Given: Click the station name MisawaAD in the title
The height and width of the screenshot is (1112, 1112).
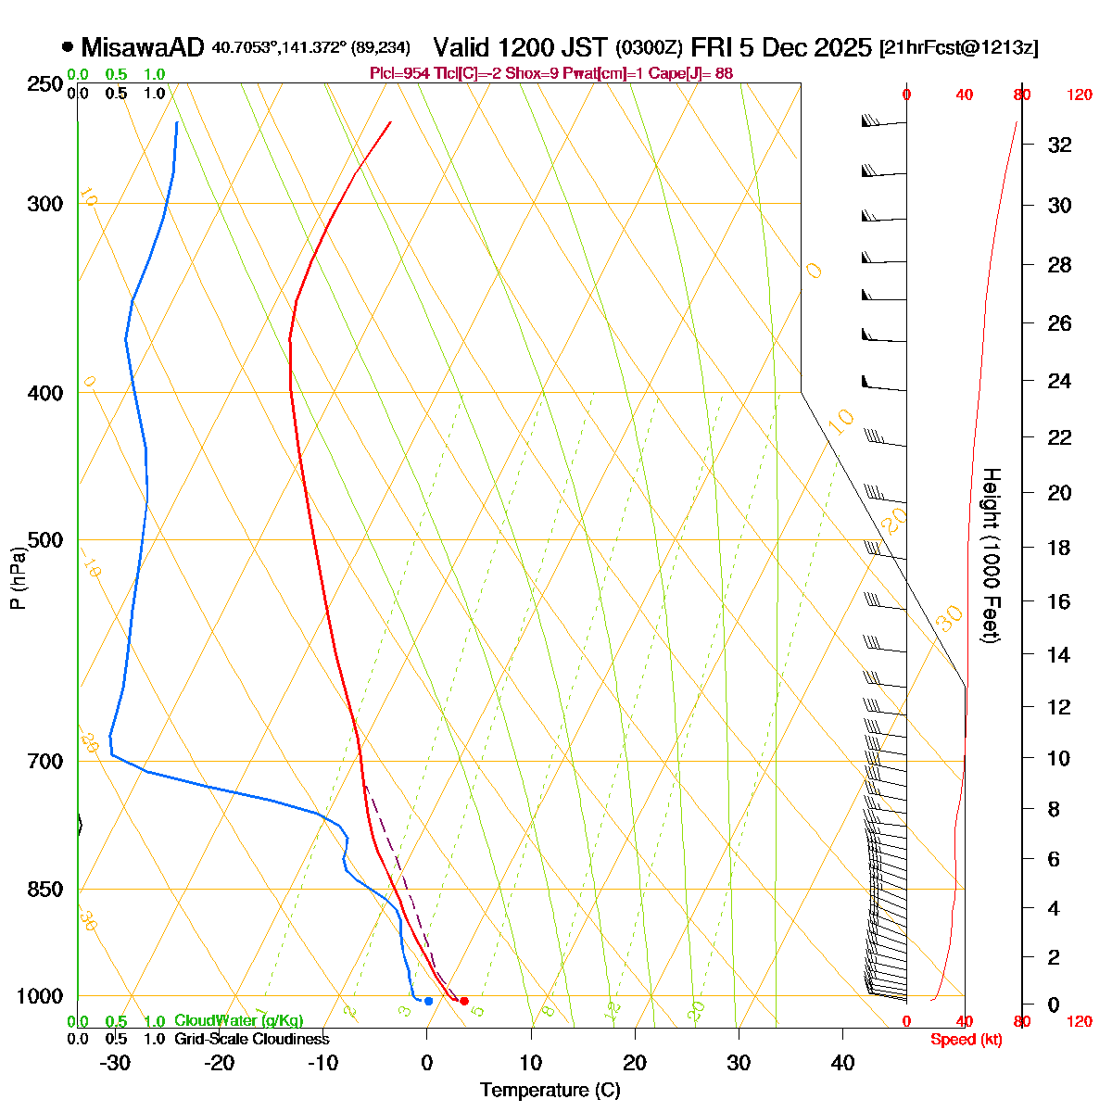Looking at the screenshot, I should [x=142, y=47].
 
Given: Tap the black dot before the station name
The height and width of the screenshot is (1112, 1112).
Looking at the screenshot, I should [x=68, y=46].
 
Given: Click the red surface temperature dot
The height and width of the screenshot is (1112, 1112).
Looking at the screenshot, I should [x=464, y=1001].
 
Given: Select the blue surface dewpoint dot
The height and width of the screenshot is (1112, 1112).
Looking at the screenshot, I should [x=428, y=1001].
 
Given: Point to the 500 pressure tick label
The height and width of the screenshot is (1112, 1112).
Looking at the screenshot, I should [x=45, y=540].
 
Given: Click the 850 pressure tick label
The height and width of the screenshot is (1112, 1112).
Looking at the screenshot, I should [x=45, y=890].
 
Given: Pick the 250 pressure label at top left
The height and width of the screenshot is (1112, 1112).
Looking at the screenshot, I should [x=45, y=85].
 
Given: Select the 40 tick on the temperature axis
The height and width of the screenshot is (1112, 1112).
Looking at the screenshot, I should [x=842, y=1063].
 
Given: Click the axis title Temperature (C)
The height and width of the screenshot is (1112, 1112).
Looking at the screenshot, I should [x=550, y=1091].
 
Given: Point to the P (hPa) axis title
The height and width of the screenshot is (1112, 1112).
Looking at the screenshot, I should [x=18, y=579].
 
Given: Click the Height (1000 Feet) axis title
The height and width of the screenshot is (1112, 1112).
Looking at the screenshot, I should [x=991, y=556].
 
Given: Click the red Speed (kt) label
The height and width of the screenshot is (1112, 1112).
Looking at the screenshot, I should [x=966, y=1040].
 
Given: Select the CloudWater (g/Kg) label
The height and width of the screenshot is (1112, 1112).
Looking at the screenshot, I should [x=238, y=1021].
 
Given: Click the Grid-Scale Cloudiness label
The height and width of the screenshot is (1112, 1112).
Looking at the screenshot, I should [x=251, y=1040].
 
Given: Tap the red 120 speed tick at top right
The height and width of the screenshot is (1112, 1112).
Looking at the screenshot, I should [x=1079, y=95].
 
